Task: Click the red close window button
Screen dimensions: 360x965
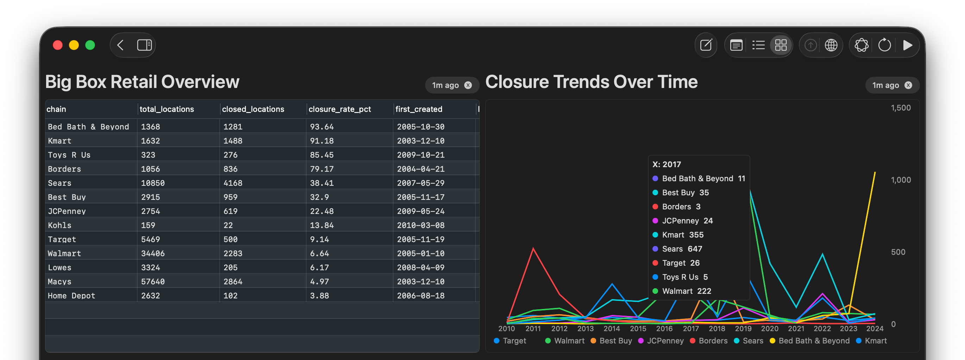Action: click(x=58, y=45)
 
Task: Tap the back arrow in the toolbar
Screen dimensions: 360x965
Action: click(x=120, y=45)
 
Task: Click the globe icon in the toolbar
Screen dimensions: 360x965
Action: click(x=831, y=45)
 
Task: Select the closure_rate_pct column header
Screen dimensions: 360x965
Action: click(x=339, y=109)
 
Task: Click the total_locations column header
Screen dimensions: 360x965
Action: click(x=167, y=109)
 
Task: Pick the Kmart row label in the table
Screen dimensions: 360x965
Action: click(x=59, y=141)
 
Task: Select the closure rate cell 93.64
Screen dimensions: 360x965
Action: click(x=321, y=127)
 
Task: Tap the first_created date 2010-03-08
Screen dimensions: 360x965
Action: click(x=420, y=226)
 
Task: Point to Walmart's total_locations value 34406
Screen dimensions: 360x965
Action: click(x=152, y=254)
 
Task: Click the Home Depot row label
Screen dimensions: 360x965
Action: click(x=71, y=296)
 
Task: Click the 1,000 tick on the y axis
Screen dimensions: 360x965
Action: click(x=901, y=180)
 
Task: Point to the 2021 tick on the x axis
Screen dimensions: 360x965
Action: click(x=796, y=329)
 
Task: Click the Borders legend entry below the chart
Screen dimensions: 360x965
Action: click(x=713, y=341)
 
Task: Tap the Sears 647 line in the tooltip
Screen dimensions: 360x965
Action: click(x=681, y=249)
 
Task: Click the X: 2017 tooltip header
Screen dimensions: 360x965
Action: click(x=667, y=164)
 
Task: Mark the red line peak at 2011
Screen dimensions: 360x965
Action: click(x=533, y=248)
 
